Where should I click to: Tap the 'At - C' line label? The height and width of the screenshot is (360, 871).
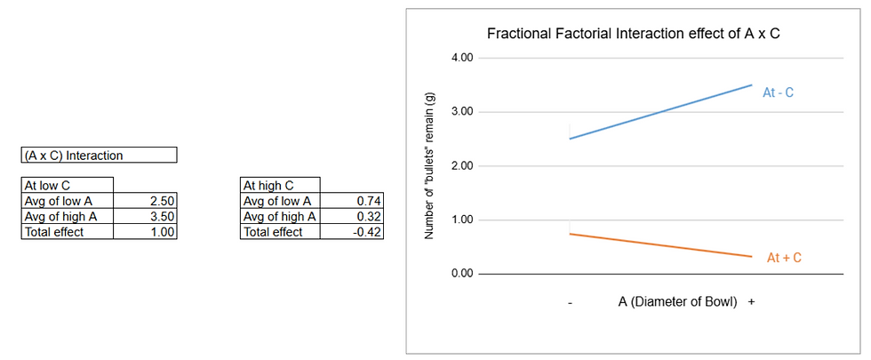pos(779,92)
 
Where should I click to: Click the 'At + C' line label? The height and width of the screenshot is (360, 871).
pos(784,258)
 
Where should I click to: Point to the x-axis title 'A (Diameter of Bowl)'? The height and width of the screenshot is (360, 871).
pos(678,301)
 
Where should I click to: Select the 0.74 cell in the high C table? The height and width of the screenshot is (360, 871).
pos(369,201)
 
